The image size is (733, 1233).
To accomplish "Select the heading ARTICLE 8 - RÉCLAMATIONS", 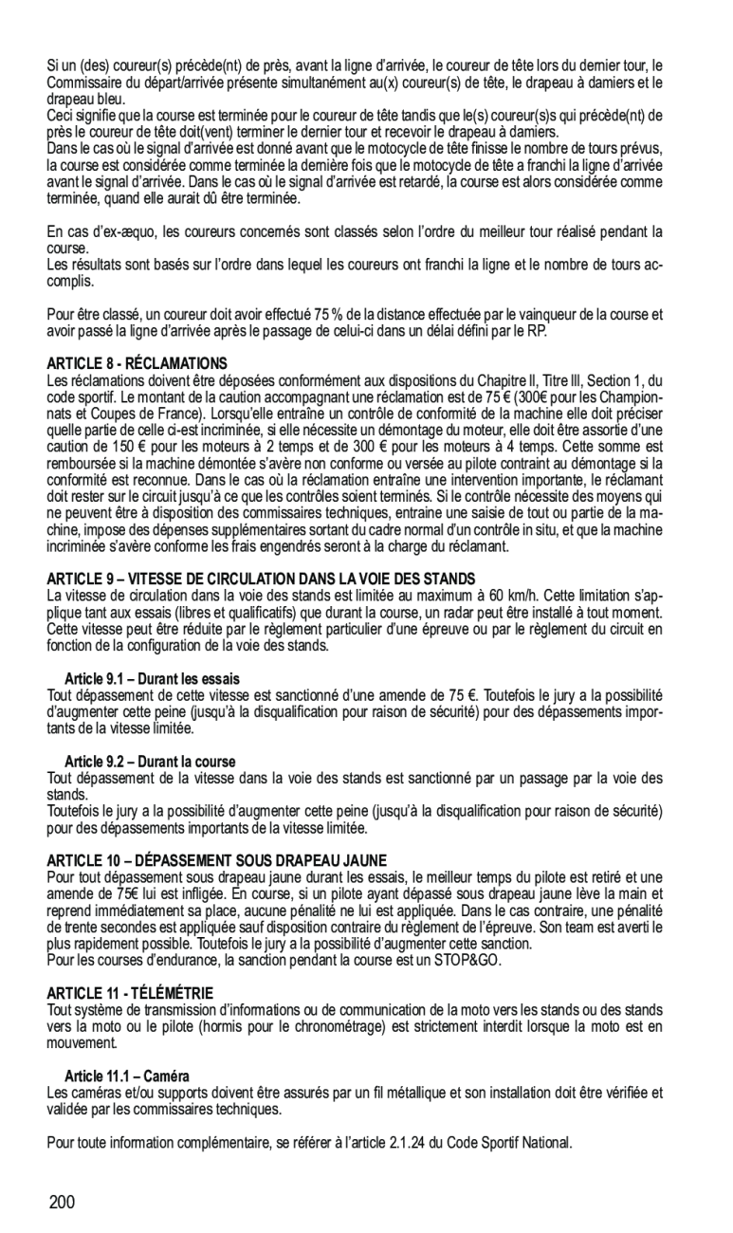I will [x=137, y=363].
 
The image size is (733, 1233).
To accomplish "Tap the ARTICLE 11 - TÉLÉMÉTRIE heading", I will [x=130, y=992].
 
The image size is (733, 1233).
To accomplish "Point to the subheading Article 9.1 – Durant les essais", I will [x=153, y=679].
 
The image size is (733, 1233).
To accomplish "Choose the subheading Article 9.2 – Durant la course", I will [x=150, y=762].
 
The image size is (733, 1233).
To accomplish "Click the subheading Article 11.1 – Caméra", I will [x=127, y=1076].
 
